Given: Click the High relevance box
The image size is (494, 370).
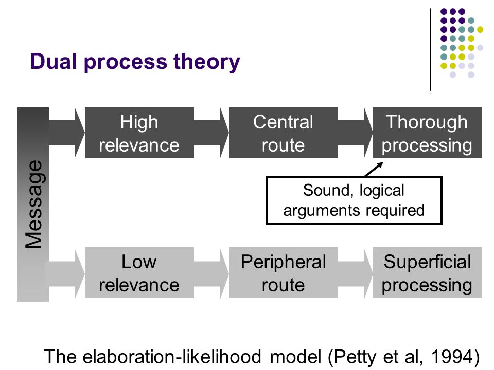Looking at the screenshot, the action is (139, 133).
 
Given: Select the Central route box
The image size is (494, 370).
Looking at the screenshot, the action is (283, 133).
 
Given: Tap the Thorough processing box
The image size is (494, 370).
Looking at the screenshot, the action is (427, 133).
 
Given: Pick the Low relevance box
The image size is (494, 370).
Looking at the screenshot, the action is (139, 272).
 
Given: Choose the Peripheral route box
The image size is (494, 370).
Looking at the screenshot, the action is (283, 272).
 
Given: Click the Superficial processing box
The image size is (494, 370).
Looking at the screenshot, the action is (427, 272).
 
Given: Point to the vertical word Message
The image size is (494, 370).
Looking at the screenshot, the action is (34, 204).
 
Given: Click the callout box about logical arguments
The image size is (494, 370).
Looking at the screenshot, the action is (354, 200).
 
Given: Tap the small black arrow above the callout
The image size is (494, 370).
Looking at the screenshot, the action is (374, 170).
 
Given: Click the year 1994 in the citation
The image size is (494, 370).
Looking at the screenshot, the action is (452, 357).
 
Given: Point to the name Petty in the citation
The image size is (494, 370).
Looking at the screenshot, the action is (355, 358).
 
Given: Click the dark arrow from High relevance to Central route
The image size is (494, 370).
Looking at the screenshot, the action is (211, 133).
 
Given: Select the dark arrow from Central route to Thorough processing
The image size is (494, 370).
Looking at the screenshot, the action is (355, 133).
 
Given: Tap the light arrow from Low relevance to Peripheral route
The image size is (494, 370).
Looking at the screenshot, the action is (211, 272).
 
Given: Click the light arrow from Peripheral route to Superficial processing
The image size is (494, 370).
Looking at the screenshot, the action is (355, 272).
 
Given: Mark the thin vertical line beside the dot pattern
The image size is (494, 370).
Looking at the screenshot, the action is (430, 50).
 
